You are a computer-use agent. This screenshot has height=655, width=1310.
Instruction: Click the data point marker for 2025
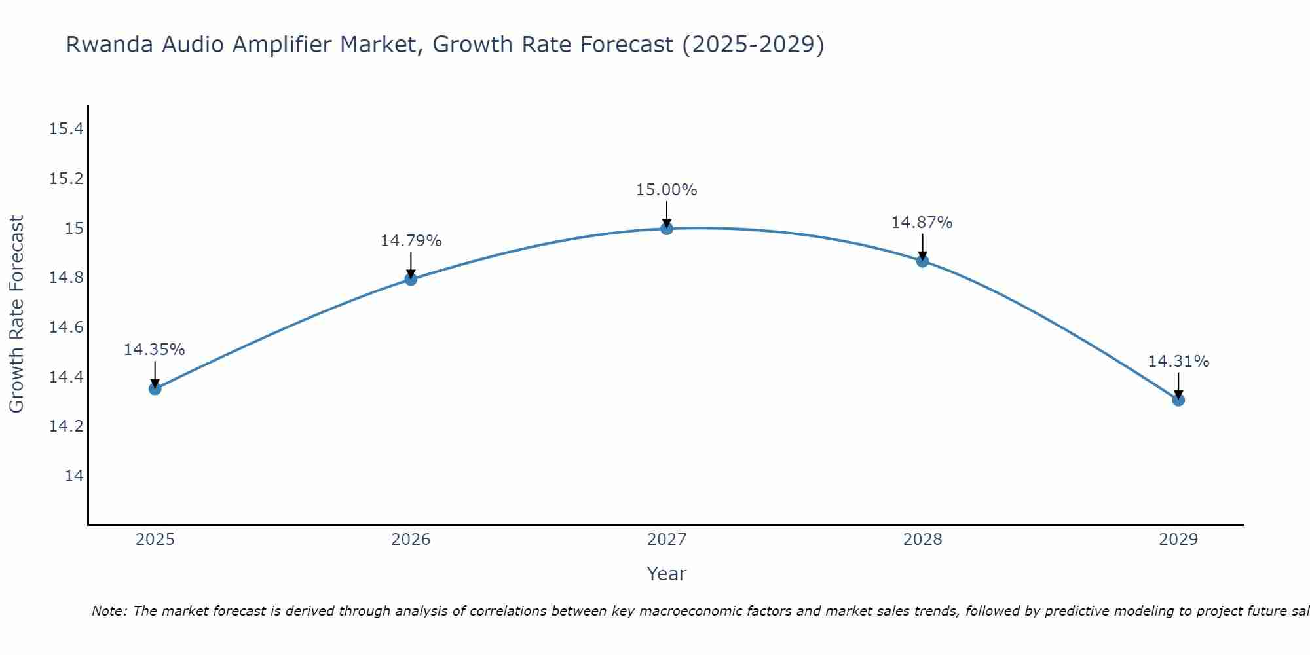(155, 388)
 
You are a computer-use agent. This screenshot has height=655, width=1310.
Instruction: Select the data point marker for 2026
(411, 279)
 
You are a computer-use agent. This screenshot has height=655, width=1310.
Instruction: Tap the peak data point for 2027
(667, 229)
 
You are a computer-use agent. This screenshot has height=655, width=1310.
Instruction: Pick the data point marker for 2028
(922, 261)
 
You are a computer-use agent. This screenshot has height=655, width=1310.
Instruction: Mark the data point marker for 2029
(1178, 400)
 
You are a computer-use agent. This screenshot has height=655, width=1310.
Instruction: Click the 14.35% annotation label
(155, 350)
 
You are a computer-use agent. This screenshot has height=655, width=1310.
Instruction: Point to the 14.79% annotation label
(411, 241)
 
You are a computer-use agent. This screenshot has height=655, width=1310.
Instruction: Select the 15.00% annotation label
(667, 190)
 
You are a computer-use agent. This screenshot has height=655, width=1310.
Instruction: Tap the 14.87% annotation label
(922, 223)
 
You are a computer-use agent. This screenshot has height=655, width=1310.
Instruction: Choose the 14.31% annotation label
(1178, 362)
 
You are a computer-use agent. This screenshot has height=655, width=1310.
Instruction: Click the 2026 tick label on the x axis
(411, 540)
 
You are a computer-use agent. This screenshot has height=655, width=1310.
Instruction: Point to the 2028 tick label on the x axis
(922, 540)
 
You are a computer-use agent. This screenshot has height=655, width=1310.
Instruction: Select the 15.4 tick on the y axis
(67, 129)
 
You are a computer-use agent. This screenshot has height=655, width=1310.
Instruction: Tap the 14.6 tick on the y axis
(67, 327)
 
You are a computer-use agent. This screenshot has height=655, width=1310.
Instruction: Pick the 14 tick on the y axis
(74, 476)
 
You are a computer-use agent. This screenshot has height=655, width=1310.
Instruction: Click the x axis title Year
(667, 574)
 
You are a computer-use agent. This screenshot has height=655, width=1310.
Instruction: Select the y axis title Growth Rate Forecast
(16, 314)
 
